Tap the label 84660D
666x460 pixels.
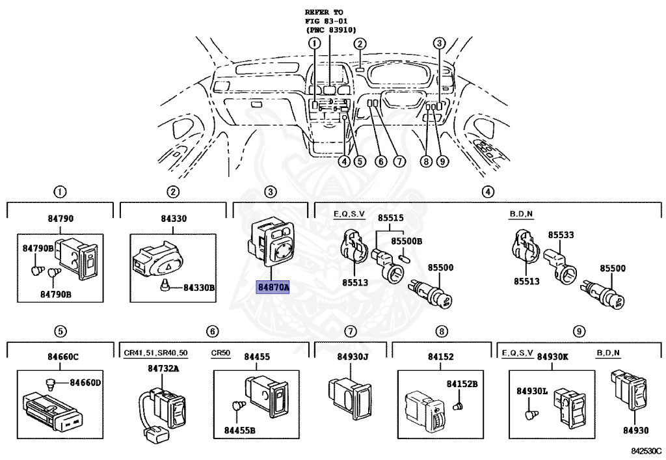tap(85, 382)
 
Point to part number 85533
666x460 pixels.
tap(560, 236)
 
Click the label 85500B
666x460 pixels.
tap(406, 241)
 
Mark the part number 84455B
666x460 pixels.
tap(239, 430)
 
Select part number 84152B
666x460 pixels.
tap(462, 385)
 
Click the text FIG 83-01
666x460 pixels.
tap(326, 21)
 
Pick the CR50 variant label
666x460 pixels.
tap(221, 353)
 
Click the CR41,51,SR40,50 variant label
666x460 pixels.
tap(156, 353)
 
